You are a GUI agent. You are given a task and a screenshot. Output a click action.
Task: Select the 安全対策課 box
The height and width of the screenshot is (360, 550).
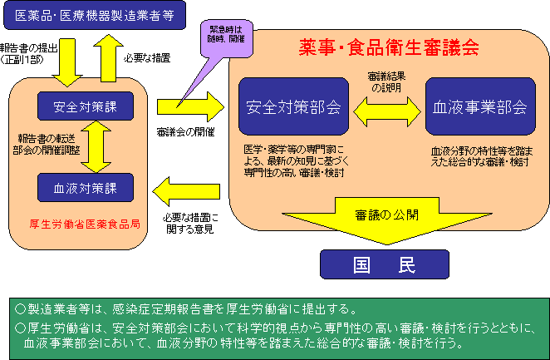click(x=80, y=106)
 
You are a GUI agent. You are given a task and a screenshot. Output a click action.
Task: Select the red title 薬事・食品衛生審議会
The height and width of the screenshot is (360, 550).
click(x=388, y=48)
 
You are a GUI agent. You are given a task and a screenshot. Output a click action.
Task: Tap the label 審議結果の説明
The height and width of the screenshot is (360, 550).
click(x=387, y=81)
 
